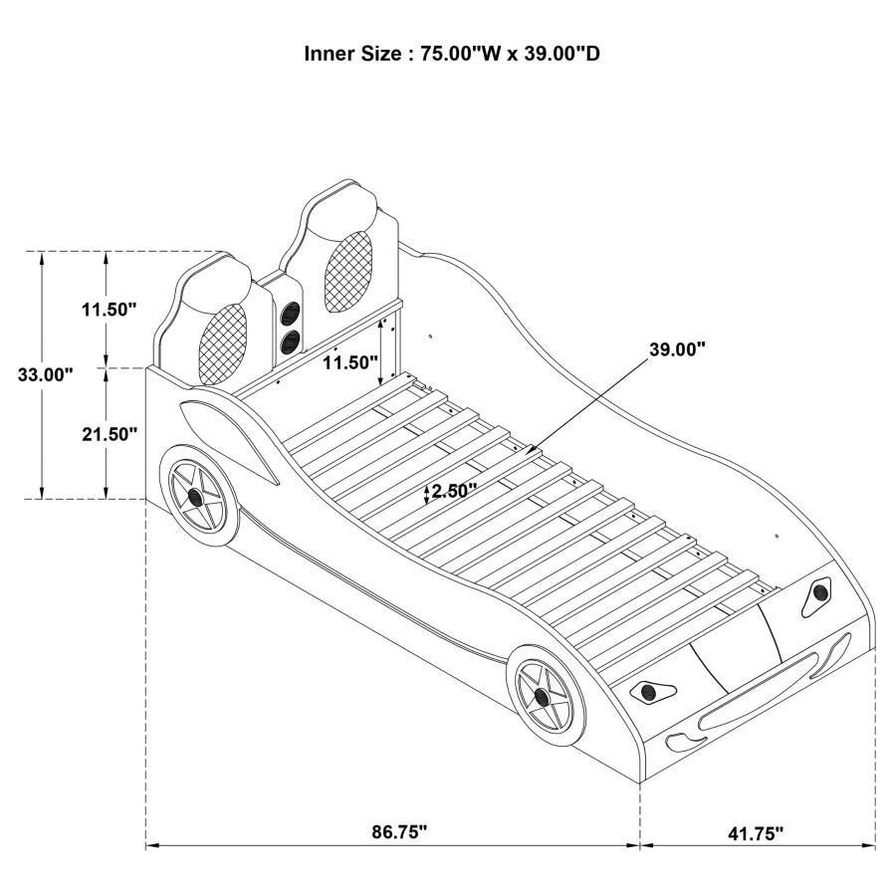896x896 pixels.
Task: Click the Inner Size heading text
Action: [x=451, y=54]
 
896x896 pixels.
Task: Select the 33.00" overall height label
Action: [x=45, y=375]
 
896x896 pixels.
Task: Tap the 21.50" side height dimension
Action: [x=109, y=434]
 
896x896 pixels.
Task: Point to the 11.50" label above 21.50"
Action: [x=109, y=310]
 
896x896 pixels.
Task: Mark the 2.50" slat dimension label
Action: [x=454, y=490]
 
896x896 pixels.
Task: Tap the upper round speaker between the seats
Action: [x=292, y=313]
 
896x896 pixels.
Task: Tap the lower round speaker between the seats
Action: [x=292, y=341]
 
